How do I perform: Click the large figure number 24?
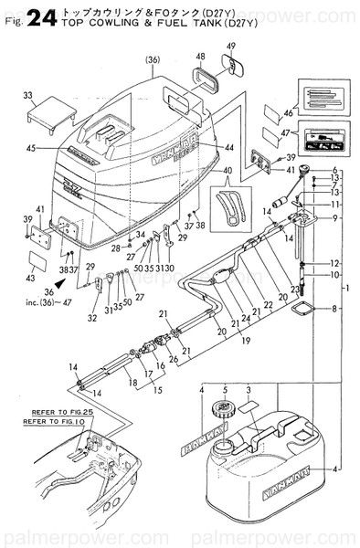tap(43, 16)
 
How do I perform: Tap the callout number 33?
tap(28, 96)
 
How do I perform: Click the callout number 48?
tap(199, 58)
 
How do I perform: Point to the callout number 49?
tap(230, 47)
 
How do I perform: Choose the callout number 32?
tap(91, 319)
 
